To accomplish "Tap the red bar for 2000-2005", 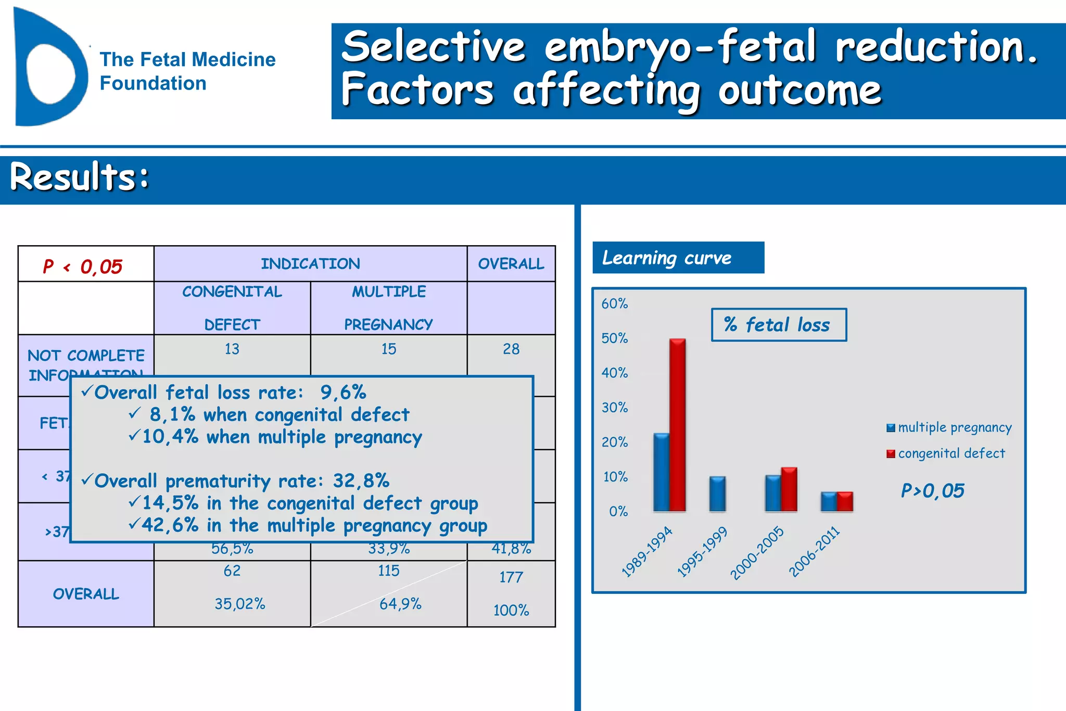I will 789,489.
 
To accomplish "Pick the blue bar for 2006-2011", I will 829,502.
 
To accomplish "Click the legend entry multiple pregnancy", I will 949,427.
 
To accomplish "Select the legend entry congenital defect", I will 946,453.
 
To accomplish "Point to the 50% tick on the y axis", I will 614,338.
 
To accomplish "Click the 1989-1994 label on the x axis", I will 647,552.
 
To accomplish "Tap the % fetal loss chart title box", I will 779,325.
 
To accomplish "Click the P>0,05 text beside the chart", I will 932,490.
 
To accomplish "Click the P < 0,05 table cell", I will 83,266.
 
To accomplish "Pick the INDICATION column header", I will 310,264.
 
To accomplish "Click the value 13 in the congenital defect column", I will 232,349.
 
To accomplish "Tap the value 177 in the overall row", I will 511,577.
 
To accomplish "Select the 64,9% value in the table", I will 400,604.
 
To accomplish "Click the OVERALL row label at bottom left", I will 86,594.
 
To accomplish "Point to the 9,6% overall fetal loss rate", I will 343,392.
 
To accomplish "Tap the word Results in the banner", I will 79,177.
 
